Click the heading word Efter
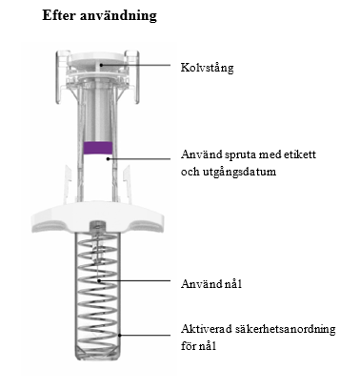click(x=59, y=14)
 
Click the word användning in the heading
click(x=118, y=16)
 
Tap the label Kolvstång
click(x=207, y=68)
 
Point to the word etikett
click(x=300, y=154)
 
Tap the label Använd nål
click(x=211, y=283)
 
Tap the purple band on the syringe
click(x=98, y=148)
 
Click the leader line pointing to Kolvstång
click(x=136, y=65)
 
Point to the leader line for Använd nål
click(x=135, y=280)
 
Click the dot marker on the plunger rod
click(x=101, y=65)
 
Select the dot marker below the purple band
click(x=109, y=158)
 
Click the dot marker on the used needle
click(x=99, y=280)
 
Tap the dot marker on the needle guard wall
click(x=120, y=335)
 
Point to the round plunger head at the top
click(x=98, y=58)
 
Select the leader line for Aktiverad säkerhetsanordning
click(x=146, y=335)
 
